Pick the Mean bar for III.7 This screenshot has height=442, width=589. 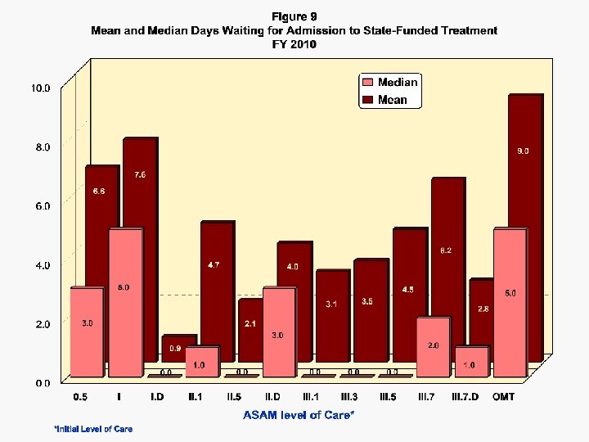click(x=447, y=246)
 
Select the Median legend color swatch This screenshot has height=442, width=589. click(x=368, y=82)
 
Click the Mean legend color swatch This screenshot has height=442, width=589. click(x=368, y=100)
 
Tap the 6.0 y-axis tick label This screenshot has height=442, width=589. click(x=41, y=205)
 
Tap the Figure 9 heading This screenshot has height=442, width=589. click(x=294, y=16)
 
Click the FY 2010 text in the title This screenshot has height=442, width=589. click(x=294, y=44)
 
